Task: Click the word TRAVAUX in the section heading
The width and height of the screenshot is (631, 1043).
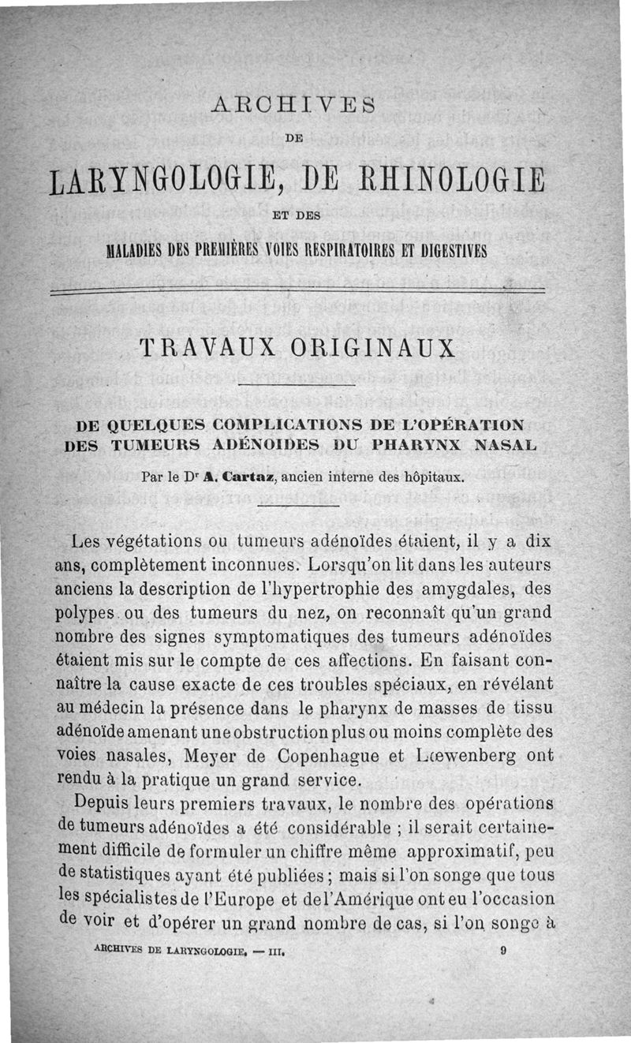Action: coord(202,348)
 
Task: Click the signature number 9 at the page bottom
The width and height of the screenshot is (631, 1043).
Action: coord(502,951)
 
